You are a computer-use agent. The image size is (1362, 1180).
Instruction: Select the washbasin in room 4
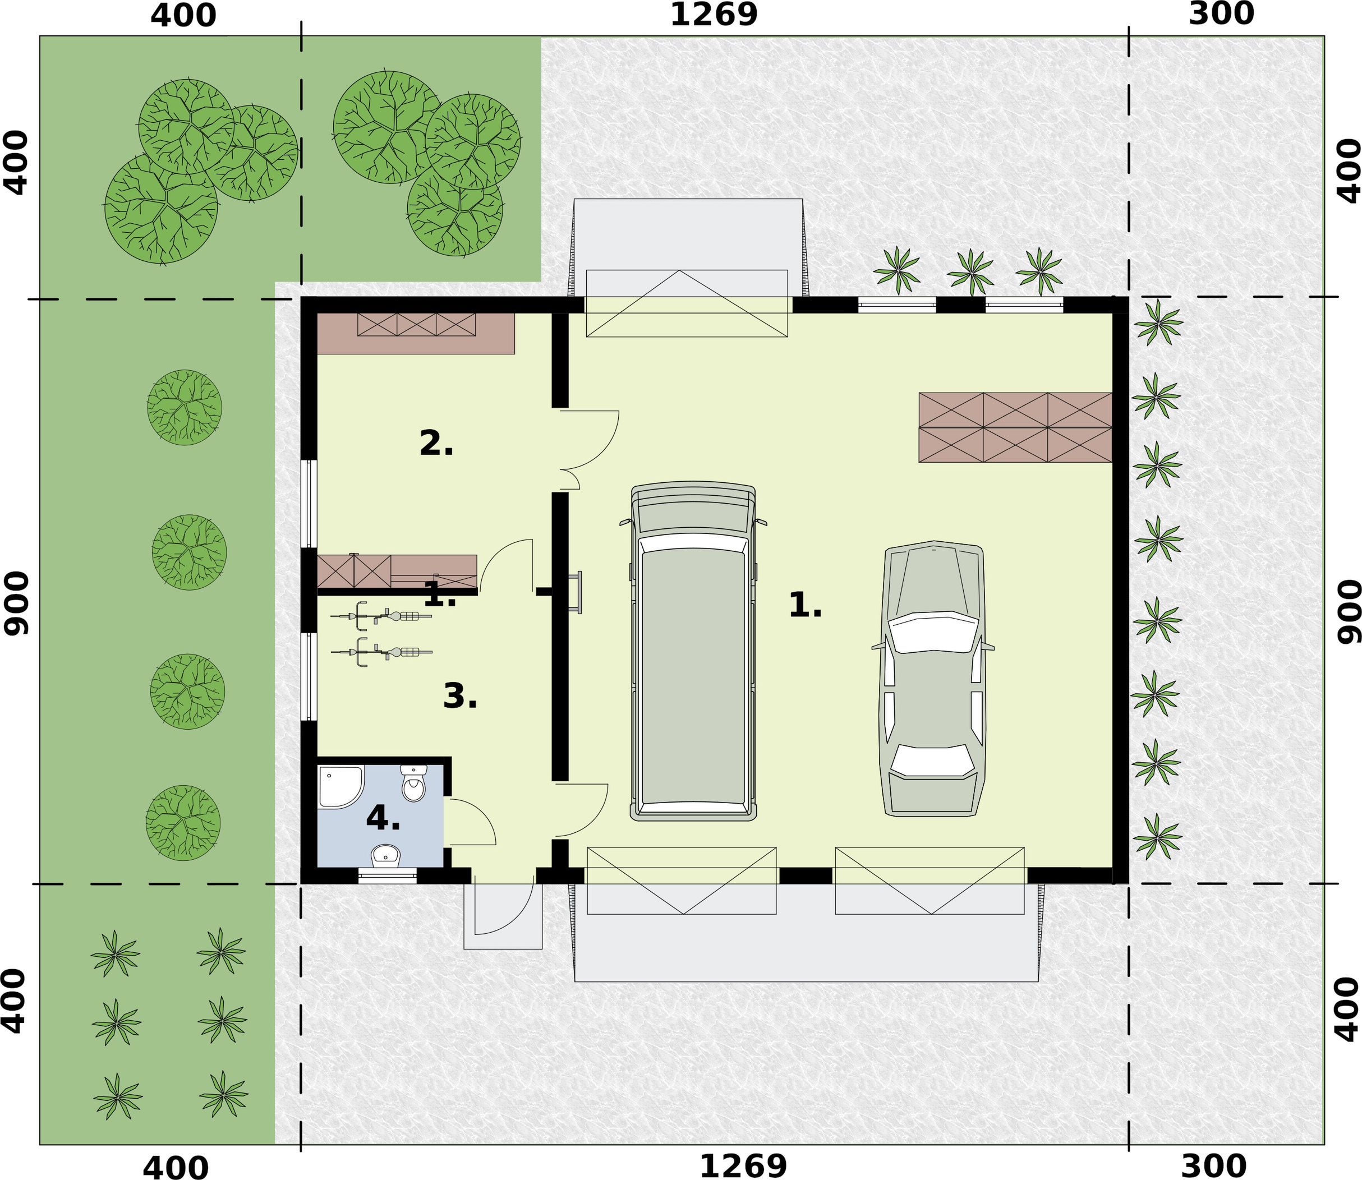[385, 855]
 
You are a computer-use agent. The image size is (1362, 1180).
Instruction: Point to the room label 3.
[460, 696]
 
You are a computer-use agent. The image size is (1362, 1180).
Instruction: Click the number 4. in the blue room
[383, 818]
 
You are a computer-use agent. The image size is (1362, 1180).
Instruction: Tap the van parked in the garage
[693, 652]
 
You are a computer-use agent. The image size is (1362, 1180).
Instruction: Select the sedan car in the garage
[932, 678]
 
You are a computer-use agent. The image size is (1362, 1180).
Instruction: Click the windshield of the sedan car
[931, 632]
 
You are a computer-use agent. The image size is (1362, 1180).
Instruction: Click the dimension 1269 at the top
[714, 15]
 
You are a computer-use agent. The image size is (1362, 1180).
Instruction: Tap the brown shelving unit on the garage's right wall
[1015, 427]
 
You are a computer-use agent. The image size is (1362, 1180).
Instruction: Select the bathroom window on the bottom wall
[387, 876]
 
